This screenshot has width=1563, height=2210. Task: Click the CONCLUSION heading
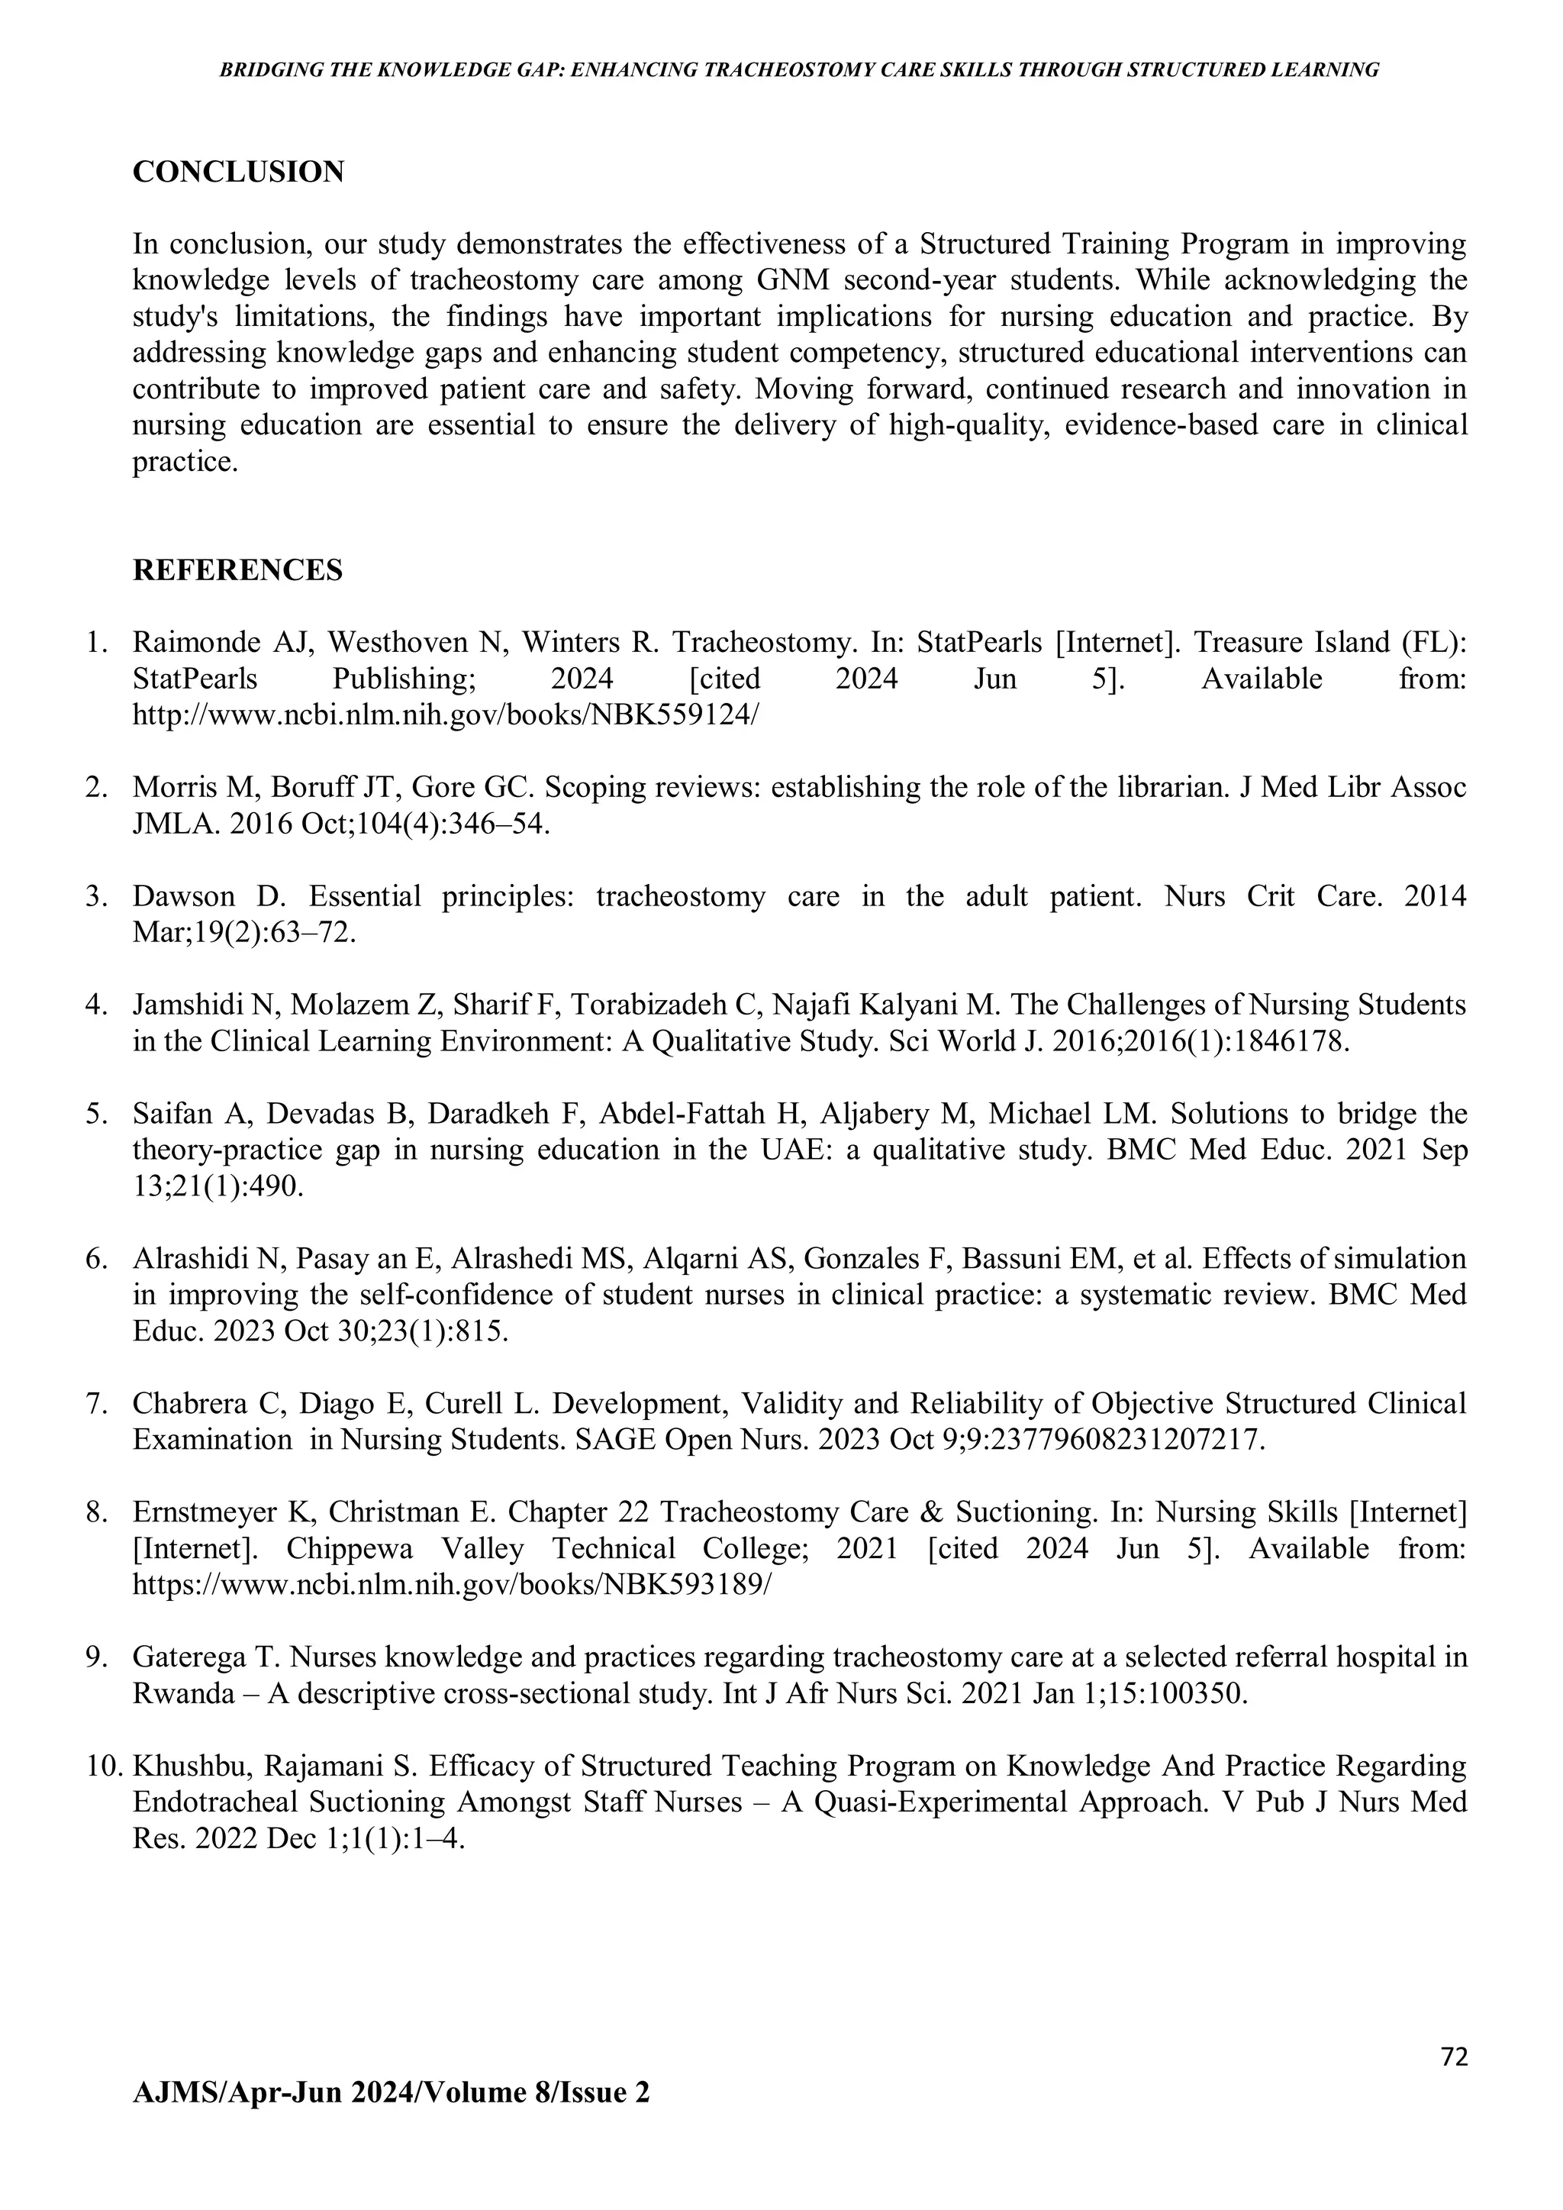click(x=237, y=173)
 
